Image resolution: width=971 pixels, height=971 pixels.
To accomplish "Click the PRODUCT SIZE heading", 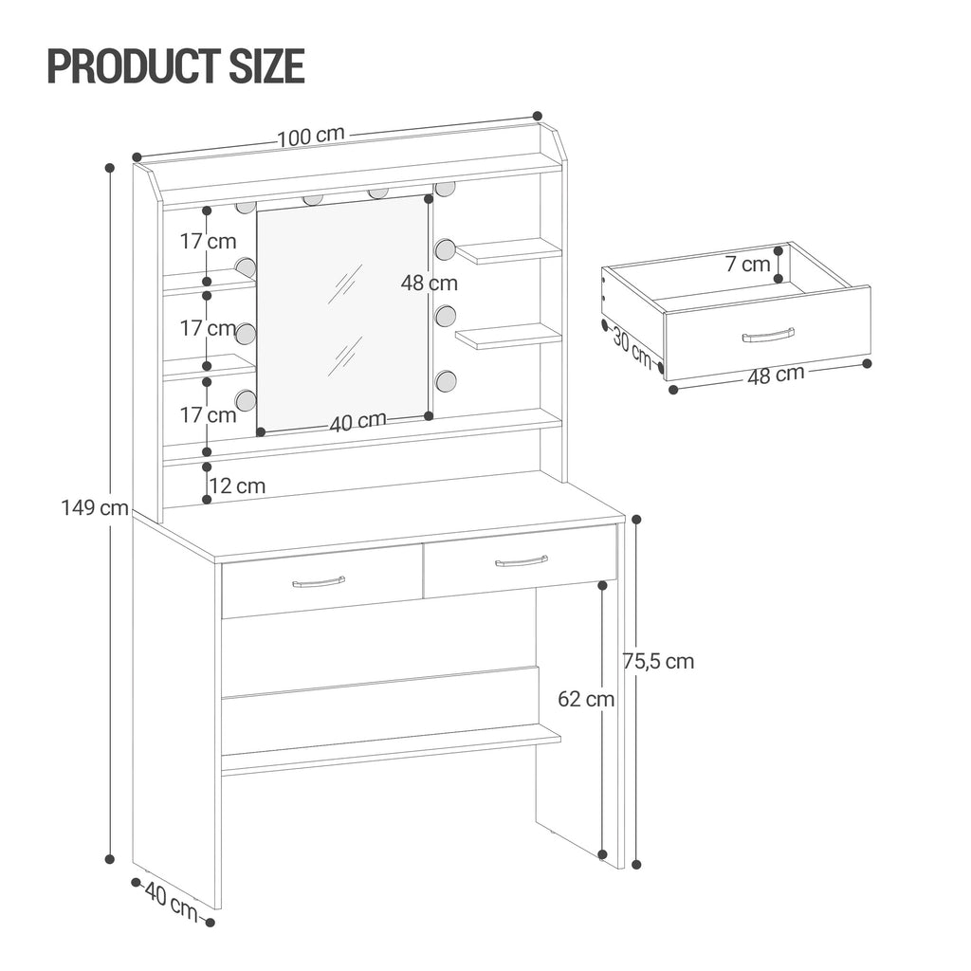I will pos(175,65).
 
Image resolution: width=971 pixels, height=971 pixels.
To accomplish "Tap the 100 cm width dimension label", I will pos(311,136).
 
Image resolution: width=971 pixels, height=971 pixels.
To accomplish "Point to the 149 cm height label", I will pos(95,507).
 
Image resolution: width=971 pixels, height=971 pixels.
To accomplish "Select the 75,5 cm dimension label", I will pos(658,661).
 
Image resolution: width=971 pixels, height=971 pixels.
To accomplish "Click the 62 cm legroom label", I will pos(586,700).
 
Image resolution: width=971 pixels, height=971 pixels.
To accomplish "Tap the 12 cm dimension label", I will pos(237,486).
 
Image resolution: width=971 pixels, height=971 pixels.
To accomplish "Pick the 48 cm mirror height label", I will pos(429,283).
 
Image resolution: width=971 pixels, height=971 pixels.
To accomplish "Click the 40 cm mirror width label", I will pos(357,421).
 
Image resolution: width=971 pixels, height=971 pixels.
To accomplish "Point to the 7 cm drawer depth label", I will pos(748,265).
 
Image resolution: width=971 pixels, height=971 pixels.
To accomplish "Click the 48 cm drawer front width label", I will pos(776,375).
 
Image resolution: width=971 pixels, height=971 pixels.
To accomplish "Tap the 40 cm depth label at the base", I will pos(171,901).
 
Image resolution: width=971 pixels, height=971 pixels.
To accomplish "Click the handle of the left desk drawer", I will pos(319,581).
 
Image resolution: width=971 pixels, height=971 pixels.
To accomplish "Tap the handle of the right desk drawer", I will pos(522,560).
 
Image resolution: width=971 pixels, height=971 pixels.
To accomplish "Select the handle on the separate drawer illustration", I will pos(768,335).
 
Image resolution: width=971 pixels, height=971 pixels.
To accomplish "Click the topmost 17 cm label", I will pos(209,241).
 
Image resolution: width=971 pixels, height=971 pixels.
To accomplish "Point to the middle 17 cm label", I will pos(209,328).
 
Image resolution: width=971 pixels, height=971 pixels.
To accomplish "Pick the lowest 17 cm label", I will pos(209,414).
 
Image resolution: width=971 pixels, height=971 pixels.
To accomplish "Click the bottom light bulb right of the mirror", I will pos(445,381).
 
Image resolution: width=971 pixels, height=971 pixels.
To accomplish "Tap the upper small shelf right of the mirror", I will pos(508,250).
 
